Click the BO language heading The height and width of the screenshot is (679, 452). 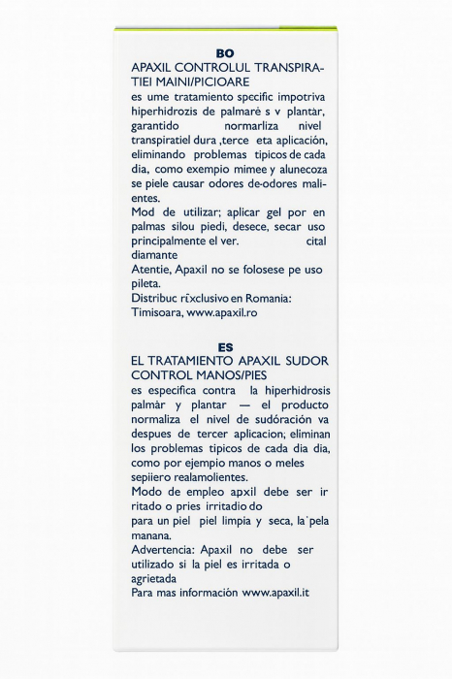[225, 55]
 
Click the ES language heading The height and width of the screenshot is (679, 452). [225, 346]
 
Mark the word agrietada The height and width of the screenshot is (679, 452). [160, 577]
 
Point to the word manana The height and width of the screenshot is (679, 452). [153, 534]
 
